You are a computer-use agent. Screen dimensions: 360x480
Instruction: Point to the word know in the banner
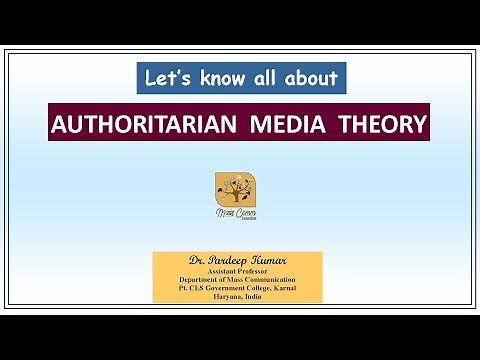(x=217, y=77)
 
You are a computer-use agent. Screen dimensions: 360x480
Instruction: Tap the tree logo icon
(x=235, y=188)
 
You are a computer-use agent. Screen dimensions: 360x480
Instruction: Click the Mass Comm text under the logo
(x=235, y=211)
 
